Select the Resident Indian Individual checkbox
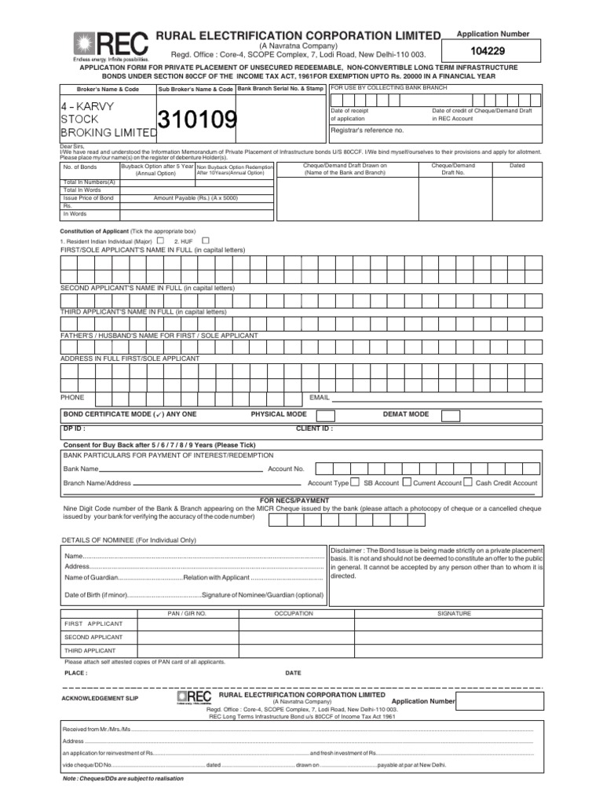[159, 241]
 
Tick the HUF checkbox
[206, 241]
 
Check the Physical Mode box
[325, 415]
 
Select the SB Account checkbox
[356, 483]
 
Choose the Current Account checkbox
[406, 483]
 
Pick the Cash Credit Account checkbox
[468, 483]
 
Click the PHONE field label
[72, 398]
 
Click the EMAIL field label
[320, 398]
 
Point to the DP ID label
[73, 429]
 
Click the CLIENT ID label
[313, 429]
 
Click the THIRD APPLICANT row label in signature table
[90, 651]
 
